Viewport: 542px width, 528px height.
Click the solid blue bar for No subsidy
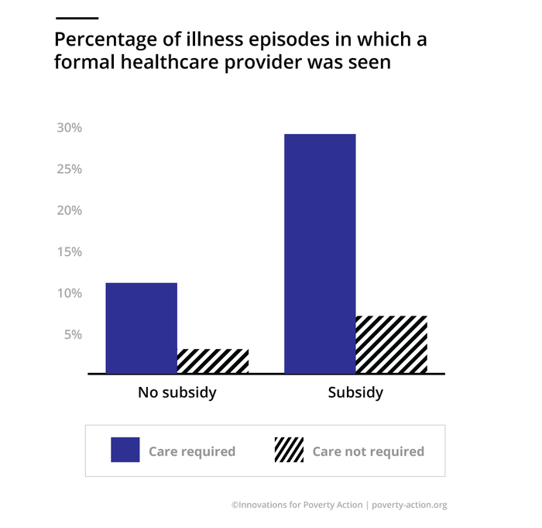141,328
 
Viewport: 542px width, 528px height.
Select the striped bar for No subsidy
213,361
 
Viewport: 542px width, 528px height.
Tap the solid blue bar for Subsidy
320,254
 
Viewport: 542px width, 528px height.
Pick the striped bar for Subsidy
391,344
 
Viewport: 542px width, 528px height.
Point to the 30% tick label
69,128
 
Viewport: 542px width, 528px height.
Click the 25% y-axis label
69,169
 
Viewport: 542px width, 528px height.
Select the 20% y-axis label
69,211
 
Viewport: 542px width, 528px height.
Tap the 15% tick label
69,252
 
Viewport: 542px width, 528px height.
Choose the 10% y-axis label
69,294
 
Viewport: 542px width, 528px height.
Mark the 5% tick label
73,335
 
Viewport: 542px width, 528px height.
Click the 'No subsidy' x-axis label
177,392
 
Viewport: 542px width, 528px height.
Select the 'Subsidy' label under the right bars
355,392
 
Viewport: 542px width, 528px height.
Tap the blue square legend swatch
125,450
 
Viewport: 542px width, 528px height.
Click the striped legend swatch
289,450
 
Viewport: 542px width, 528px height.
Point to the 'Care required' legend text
192,451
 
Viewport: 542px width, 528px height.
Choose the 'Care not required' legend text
368,451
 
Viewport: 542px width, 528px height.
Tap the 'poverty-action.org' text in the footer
410,505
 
